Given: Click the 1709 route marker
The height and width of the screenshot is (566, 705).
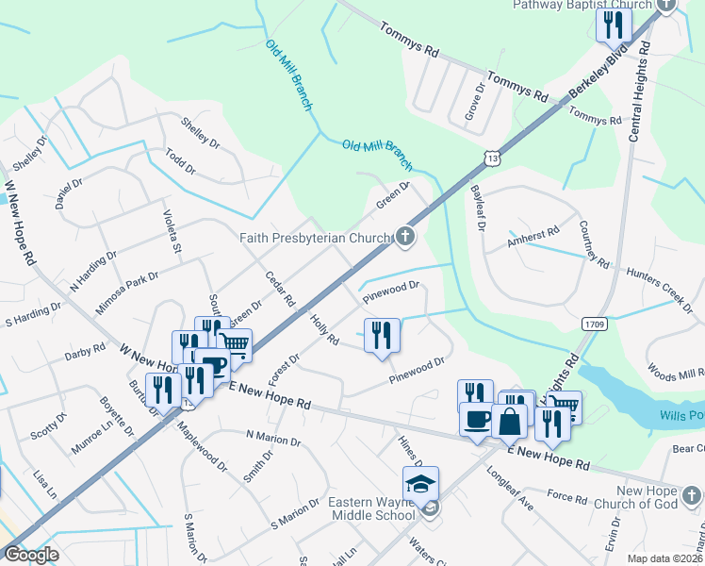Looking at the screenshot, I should click(x=594, y=325).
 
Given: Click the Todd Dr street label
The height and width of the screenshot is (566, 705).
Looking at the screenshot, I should click(x=179, y=161).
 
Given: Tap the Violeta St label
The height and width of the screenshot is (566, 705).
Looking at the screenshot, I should click(x=172, y=231).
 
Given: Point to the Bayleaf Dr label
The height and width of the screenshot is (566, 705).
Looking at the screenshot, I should click(x=478, y=208).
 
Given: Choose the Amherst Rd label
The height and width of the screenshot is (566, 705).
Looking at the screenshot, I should click(x=533, y=237).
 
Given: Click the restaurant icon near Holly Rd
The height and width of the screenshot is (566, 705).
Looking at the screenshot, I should click(x=382, y=334).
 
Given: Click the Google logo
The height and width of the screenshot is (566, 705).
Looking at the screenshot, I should click(x=31, y=555).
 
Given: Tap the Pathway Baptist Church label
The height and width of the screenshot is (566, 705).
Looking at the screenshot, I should click(x=582, y=5).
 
